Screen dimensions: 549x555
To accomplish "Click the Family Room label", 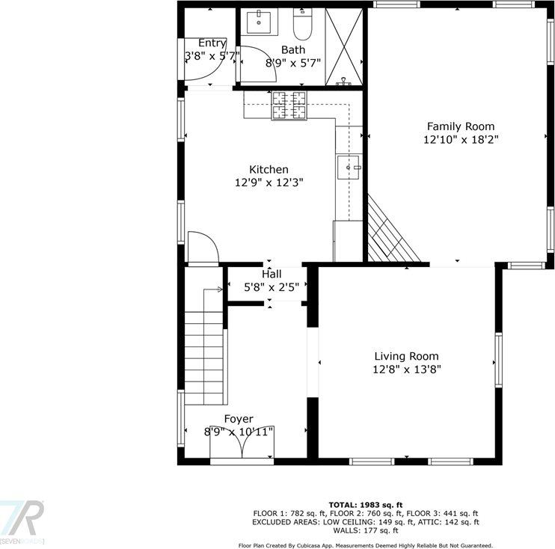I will pyautogui.click(x=460, y=126).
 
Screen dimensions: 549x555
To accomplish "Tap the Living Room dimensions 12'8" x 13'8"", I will pyautogui.click(x=406, y=369).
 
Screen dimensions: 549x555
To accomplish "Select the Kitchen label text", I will pyautogui.click(x=269, y=170).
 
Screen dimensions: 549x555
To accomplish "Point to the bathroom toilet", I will pyautogui.click(x=302, y=25).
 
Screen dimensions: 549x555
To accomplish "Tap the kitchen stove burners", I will pyautogui.click(x=289, y=105).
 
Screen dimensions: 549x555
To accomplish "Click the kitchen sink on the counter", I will pyautogui.click(x=349, y=166).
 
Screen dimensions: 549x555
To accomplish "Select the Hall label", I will pyautogui.click(x=272, y=274).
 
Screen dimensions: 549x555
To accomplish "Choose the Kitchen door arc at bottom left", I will pyautogui.click(x=202, y=247).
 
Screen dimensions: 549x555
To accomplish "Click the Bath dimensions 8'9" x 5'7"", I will pyautogui.click(x=293, y=63).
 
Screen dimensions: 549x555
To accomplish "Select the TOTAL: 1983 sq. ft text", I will pyautogui.click(x=366, y=505).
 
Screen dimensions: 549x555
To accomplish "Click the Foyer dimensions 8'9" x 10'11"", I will pyautogui.click(x=239, y=432).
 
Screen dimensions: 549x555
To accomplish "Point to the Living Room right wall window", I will pyautogui.click(x=497, y=360).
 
